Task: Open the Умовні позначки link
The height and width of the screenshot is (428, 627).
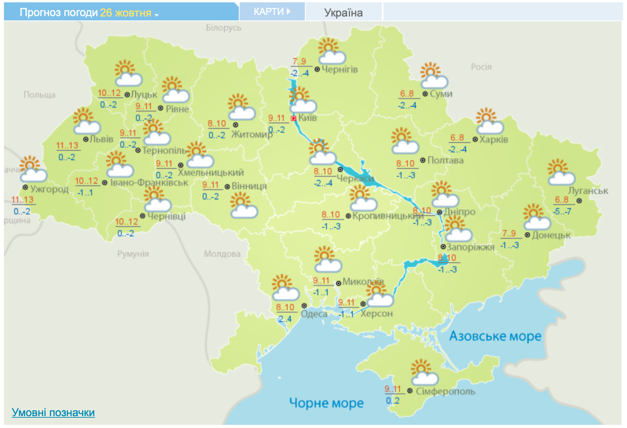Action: point(53,412)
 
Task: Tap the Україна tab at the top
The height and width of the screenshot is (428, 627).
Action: point(343,13)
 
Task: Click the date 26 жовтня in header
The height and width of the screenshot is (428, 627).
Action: point(126,13)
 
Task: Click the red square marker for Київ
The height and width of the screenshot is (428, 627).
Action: point(293,118)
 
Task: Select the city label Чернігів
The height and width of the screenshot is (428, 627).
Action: point(340,70)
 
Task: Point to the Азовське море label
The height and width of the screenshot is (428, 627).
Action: point(495,336)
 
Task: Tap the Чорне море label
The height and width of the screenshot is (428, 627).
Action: point(326,403)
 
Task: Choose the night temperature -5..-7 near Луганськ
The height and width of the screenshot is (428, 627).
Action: point(562,212)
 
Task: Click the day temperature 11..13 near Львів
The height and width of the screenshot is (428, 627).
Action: point(67,146)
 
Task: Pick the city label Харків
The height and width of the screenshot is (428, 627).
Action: point(494,139)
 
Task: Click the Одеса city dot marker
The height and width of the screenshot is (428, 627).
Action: point(304,305)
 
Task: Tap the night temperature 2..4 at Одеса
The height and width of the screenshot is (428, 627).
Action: point(285,319)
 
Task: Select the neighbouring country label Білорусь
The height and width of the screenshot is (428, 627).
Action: point(224,28)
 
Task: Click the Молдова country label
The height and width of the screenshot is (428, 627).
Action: point(222,254)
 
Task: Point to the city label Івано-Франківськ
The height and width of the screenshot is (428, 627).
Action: point(149,183)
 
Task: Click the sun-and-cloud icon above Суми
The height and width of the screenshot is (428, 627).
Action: point(434,76)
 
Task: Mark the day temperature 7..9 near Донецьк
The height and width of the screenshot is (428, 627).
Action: point(509,234)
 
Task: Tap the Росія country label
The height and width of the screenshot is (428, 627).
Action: point(481,67)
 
